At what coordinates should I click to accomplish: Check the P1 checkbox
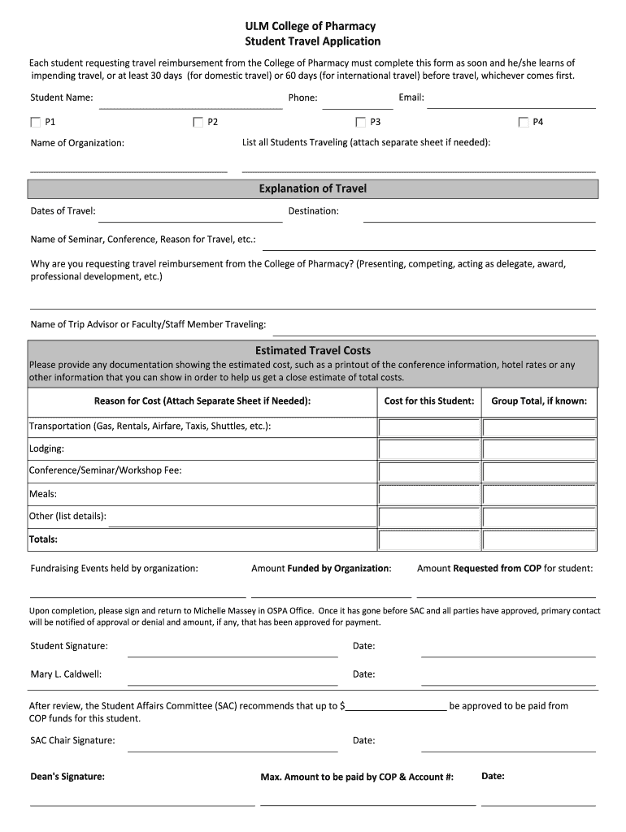point(35,122)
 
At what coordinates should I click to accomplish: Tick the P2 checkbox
point(198,122)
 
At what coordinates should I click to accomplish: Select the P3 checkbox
point(360,122)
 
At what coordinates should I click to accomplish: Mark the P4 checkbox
point(524,122)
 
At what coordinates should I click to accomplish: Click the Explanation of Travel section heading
point(312,188)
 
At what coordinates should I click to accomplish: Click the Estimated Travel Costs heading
point(312,351)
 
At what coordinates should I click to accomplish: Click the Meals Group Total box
point(539,494)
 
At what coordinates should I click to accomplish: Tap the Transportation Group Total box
point(539,427)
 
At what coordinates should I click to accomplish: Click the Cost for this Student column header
point(428,401)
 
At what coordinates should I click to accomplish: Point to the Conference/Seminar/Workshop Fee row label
point(106,470)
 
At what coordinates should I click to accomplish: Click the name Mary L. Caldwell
point(66,674)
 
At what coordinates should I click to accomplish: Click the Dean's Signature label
point(67,777)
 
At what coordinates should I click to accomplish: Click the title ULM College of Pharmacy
point(312,27)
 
